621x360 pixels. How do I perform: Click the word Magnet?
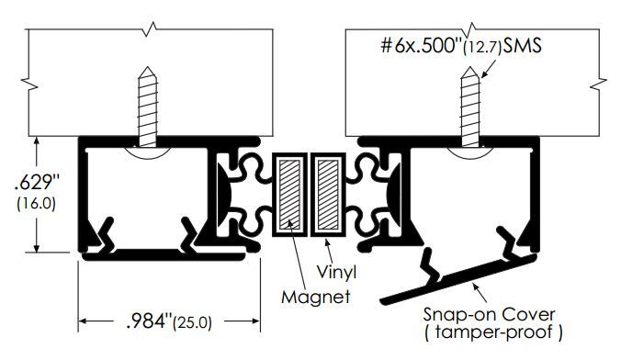pos(315,297)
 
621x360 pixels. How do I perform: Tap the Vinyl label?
pos(336,272)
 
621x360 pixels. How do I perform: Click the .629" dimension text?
pos(37,183)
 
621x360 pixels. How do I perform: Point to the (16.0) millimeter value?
pos(36,204)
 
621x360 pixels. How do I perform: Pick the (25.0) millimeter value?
pos(193,322)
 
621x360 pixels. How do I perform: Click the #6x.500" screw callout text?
pos(422,46)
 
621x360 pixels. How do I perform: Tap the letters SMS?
pos(522,46)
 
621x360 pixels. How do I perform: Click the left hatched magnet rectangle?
pos(289,195)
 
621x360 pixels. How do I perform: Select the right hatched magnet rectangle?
pos(328,195)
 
